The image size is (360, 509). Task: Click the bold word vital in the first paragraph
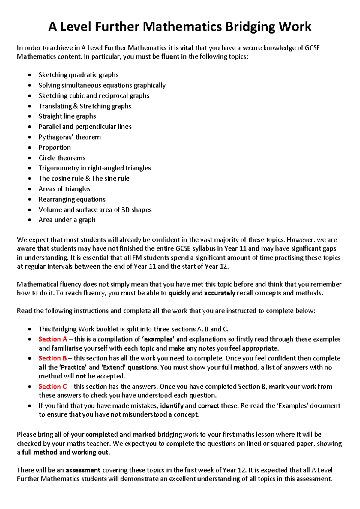[x=187, y=48]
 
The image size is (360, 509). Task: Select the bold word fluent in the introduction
[x=170, y=57]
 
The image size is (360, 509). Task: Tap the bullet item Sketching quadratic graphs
[x=79, y=75]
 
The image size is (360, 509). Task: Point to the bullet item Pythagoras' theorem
[x=70, y=137]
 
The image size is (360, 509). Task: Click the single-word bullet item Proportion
[x=55, y=148]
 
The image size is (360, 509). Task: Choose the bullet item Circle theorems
[x=62, y=158]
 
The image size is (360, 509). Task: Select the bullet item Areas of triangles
[x=64, y=189]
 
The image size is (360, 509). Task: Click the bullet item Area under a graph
[x=67, y=220]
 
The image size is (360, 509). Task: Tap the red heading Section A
[x=53, y=339]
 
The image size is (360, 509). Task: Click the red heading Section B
[x=53, y=358]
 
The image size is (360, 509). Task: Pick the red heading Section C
[x=53, y=387]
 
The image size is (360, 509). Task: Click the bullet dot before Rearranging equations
[x=29, y=199]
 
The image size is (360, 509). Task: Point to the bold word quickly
[x=179, y=293]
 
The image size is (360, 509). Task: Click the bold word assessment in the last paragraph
[x=83, y=470]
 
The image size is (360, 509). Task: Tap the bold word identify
[x=172, y=406]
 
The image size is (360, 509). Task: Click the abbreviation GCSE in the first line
[x=312, y=48]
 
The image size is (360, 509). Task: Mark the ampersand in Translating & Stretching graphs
[x=76, y=106]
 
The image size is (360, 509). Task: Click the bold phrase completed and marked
[x=121, y=435]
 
